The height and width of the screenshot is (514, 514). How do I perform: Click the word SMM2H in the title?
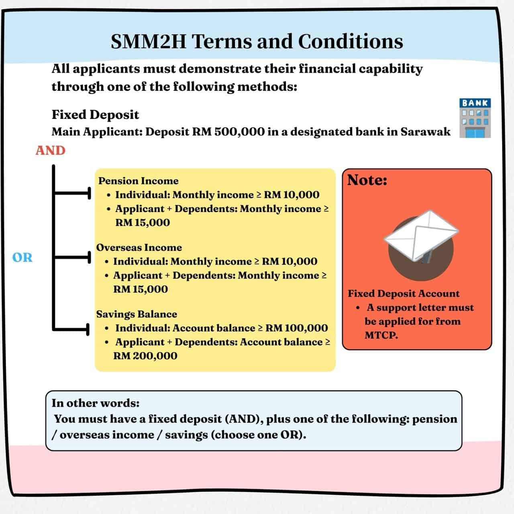(148, 42)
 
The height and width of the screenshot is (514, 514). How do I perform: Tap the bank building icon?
(475, 118)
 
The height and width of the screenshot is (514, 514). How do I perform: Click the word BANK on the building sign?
(475, 103)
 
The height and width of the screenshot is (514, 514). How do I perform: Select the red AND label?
(51, 151)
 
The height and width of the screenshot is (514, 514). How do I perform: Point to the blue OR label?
(22, 257)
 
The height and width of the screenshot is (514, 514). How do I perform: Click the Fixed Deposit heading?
(95, 115)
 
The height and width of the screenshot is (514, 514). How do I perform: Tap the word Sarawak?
(425, 132)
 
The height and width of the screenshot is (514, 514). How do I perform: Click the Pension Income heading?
(139, 181)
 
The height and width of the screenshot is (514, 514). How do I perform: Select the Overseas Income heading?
(139, 247)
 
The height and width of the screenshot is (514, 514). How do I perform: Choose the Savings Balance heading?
(137, 314)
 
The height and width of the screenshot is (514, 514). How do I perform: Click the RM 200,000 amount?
(145, 356)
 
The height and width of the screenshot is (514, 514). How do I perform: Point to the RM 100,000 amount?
(296, 328)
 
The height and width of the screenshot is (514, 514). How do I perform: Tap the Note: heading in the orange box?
(367, 180)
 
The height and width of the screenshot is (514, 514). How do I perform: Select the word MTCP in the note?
(381, 335)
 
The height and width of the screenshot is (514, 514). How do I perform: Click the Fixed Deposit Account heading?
(404, 294)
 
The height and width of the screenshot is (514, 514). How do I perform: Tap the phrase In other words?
(96, 403)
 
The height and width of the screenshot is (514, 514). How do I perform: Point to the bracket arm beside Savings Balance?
(71, 329)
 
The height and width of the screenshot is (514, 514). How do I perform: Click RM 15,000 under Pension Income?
(143, 222)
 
